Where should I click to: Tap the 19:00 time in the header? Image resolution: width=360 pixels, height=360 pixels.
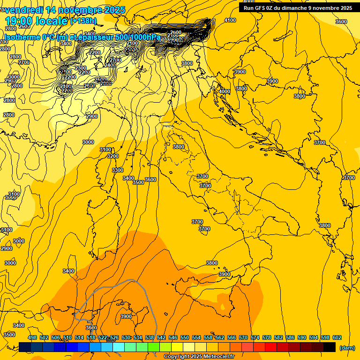pyautogui.click(x=20, y=22)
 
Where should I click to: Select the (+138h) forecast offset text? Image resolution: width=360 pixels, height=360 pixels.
pyautogui.click(x=83, y=21)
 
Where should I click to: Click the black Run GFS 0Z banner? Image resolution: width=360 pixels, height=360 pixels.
pyautogui.click(x=298, y=8)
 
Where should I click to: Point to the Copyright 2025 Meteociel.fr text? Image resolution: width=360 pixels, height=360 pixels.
pyautogui.click(x=199, y=357)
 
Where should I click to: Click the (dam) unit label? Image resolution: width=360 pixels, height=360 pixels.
pyautogui.click(x=347, y=348)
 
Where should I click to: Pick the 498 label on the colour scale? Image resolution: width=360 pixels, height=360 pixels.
pyautogui.click(x=32, y=338)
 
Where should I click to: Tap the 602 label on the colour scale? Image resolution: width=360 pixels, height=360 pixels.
pyautogui.click(x=337, y=338)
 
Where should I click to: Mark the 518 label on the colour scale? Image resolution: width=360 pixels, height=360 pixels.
pyautogui.click(x=91, y=338)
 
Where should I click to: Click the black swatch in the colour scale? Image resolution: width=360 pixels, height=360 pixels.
pyautogui.click(x=330, y=347)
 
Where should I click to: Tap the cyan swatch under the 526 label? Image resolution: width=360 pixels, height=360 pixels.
pyautogui.click(x=119, y=347)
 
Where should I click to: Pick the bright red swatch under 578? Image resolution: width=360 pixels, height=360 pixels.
pyautogui.click(x=271, y=347)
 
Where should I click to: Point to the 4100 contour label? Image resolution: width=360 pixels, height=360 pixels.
pyautogui.click(x=230, y=20)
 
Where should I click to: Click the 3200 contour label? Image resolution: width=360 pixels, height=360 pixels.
pyautogui.click(x=112, y=156)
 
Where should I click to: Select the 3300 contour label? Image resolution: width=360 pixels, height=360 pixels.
pyautogui.click(x=118, y=170)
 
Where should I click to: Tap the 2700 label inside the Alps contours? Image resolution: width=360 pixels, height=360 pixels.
pyautogui.click(x=115, y=60)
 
